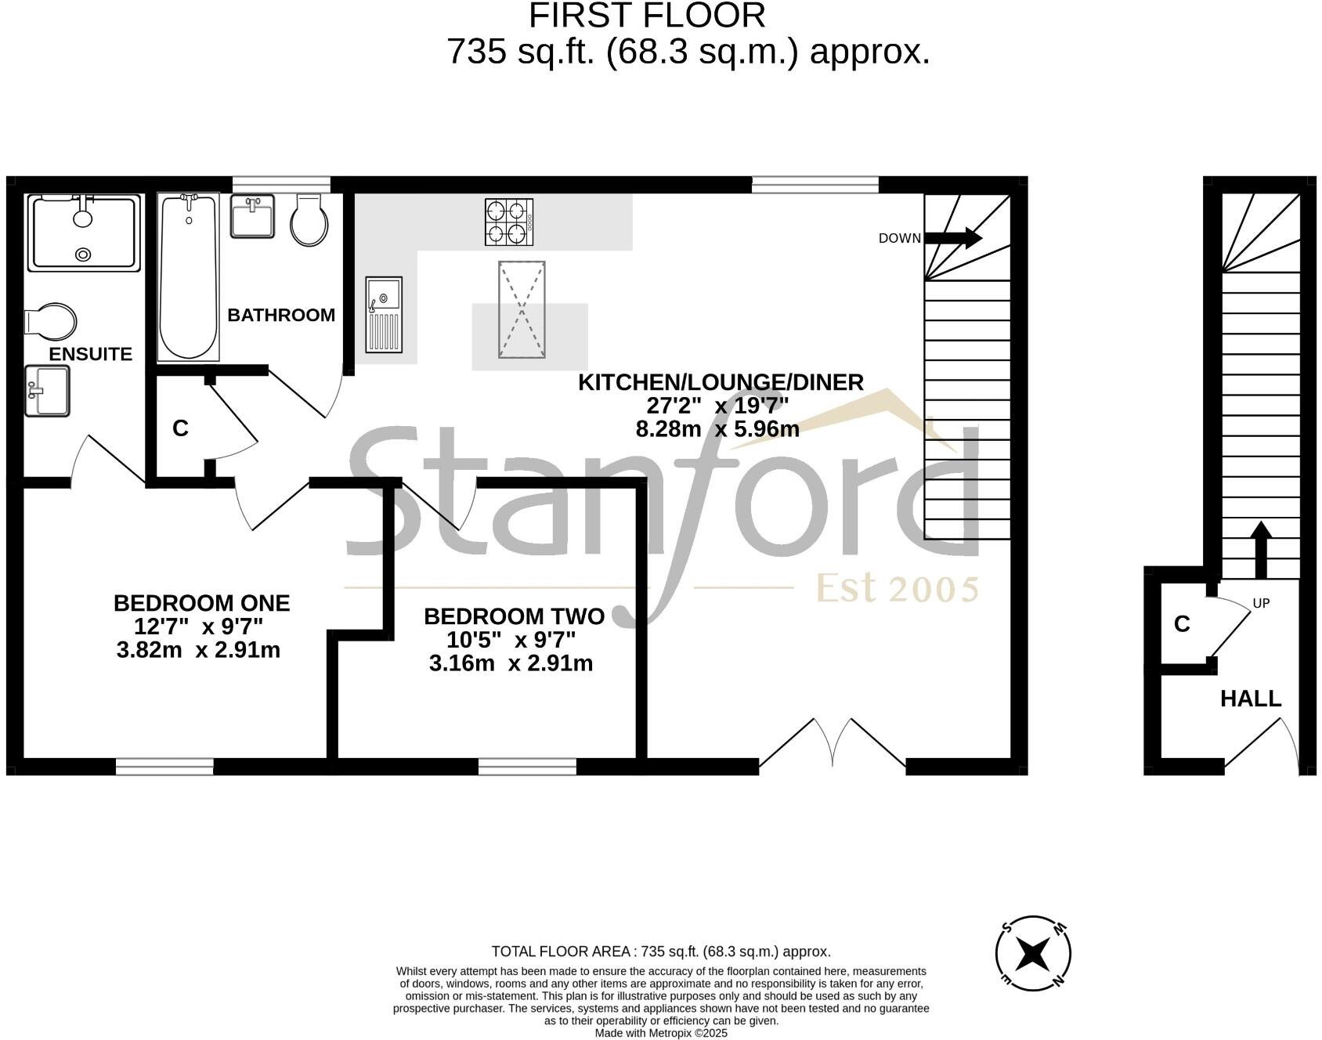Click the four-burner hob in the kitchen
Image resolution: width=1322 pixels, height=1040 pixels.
click(x=509, y=222)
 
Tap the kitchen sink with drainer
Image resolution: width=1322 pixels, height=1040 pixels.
click(x=384, y=314)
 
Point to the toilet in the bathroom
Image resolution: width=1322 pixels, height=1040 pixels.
click(x=309, y=221)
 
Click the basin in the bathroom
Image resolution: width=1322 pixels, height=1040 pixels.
click(x=252, y=216)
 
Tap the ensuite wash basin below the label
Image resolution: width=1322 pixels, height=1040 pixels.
click(x=47, y=391)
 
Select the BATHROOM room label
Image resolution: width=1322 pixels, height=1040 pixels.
click(x=281, y=315)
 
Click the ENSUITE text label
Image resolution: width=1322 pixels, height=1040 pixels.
click(x=91, y=354)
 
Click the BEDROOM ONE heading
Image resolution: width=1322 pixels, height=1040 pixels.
click(x=201, y=603)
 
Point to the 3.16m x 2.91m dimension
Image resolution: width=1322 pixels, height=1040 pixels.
click(x=511, y=663)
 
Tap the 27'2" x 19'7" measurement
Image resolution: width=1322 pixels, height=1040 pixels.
click(x=717, y=406)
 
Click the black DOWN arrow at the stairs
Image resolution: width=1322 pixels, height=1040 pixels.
click(x=953, y=237)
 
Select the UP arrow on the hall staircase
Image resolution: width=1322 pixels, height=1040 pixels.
click(x=1260, y=548)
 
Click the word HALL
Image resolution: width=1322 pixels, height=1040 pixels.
click(x=1251, y=699)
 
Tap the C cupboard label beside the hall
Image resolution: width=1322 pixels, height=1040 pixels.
click(x=1182, y=624)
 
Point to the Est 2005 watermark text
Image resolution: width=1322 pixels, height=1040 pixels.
click(x=898, y=588)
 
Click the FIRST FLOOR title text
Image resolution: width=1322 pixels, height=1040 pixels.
click(x=647, y=16)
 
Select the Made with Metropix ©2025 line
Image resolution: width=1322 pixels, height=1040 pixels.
click(x=661, y=1033)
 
